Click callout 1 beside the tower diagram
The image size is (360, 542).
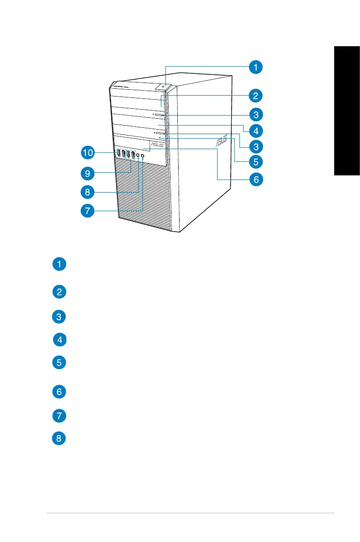click(256, 68)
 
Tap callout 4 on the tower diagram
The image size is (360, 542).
click(256, 131)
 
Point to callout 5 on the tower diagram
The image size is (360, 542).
click(256, 161)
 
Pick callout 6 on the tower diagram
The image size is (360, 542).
click(256, 179)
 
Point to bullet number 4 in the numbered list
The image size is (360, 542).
click(60, 339)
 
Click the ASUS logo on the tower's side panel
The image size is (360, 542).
click(220, 141)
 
